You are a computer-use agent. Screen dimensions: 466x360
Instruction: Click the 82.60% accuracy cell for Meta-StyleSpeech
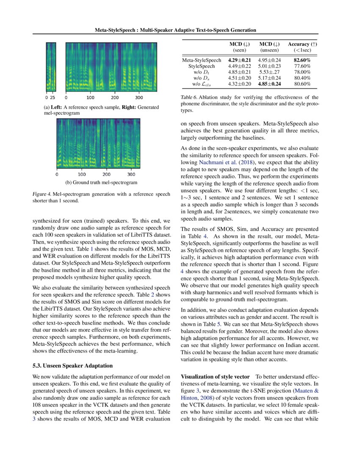tap(302, 60)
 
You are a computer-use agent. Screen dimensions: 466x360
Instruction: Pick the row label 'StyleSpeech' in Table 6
tap(201, 66)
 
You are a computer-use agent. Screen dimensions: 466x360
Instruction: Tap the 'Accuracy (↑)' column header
tap(302, 44)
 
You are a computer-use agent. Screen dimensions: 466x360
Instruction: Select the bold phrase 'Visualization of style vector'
tap(216, 377)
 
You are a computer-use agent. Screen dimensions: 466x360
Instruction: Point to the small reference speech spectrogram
tap(51, 66)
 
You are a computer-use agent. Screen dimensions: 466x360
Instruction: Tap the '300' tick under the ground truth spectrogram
tap(132, 174)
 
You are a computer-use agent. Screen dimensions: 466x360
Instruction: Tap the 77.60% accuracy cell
tap(302, 66)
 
